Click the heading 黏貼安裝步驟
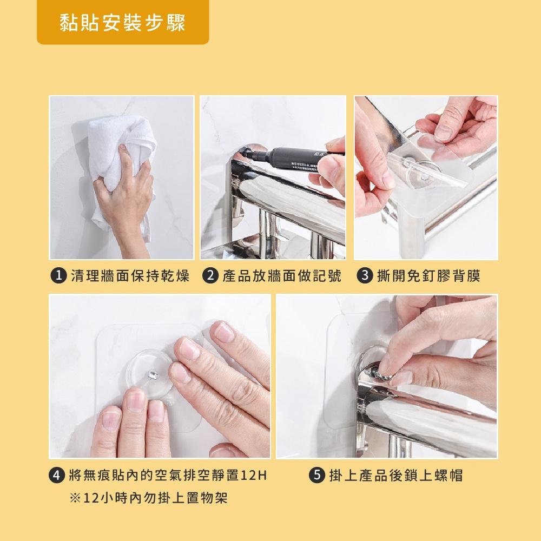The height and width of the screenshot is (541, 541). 122,23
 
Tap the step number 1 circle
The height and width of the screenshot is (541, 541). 58,276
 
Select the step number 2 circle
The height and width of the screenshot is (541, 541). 210,276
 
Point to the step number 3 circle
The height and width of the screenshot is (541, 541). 365,276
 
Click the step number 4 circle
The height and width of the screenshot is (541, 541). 57,476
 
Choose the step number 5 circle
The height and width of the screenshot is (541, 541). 316,476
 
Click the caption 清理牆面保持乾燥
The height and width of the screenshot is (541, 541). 130,276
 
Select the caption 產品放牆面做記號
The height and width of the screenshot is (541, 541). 282,276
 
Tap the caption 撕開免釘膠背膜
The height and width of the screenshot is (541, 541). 428,276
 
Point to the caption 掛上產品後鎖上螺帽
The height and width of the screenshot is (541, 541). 396,476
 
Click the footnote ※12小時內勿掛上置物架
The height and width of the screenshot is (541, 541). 148,498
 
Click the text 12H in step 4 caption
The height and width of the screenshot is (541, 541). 254,476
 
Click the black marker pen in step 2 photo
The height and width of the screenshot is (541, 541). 293,158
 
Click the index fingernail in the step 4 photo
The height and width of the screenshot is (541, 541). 189,349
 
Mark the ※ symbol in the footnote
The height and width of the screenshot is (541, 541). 75,498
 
